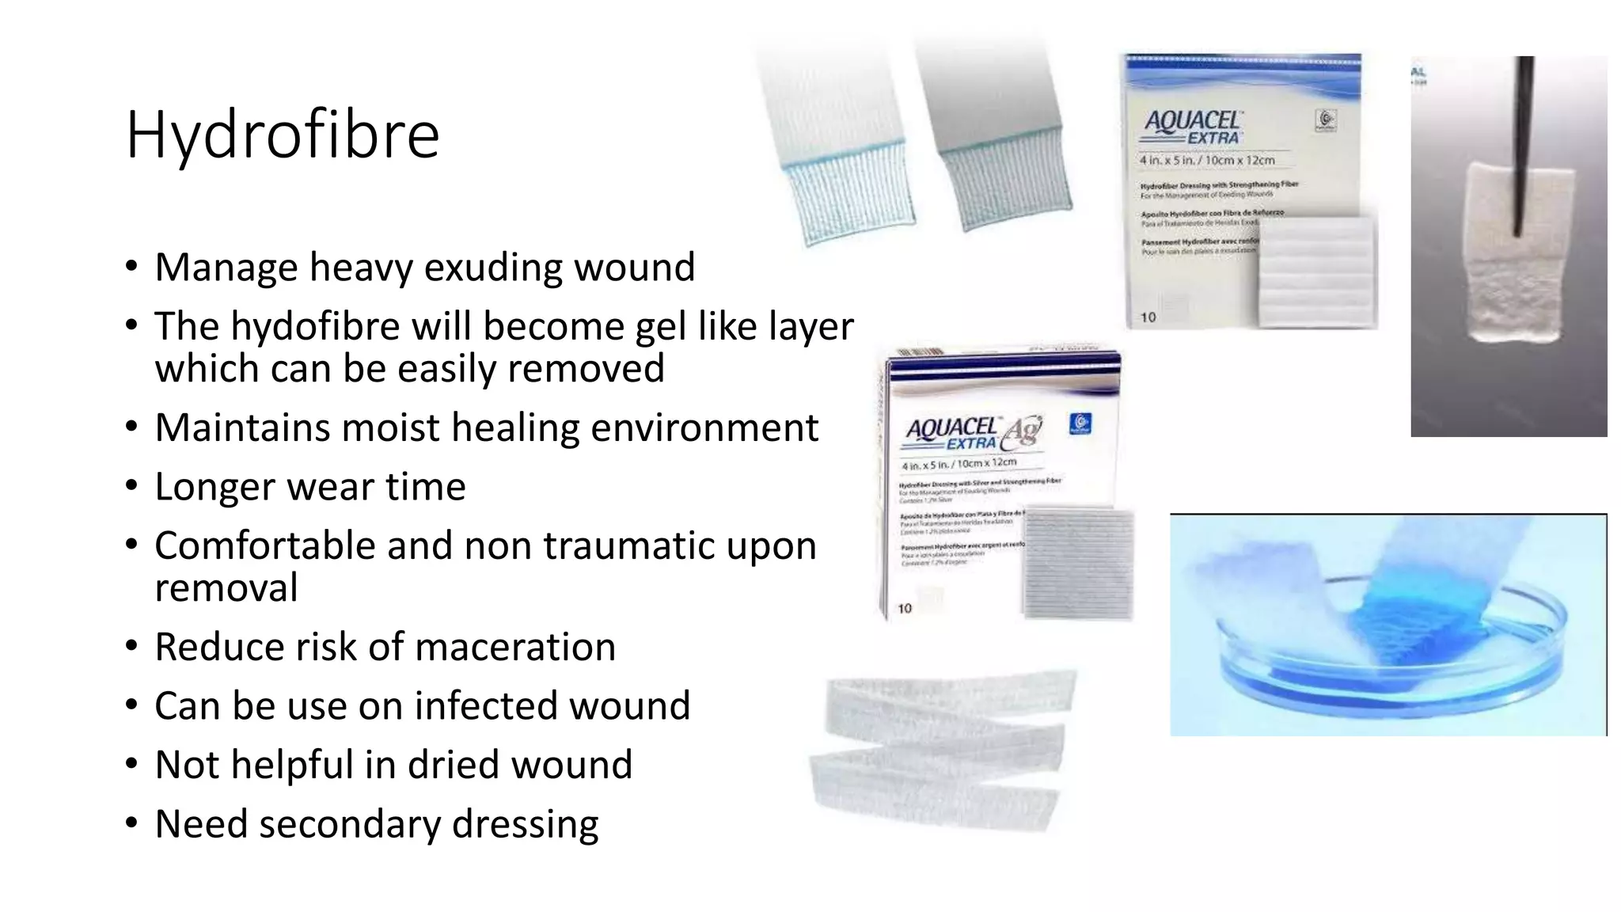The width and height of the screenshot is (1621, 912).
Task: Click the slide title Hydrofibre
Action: click(x=282, y=135)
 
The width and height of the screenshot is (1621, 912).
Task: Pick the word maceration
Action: click(x=515, y=647)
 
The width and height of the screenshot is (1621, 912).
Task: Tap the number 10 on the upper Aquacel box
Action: click(x=1148, y=317)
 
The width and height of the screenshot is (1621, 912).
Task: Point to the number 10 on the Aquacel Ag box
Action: click(x=905, y=608)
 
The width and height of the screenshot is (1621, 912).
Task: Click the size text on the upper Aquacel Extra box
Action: click(x=1207, y=160)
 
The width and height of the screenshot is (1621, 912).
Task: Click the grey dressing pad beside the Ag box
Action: click(x=1077, y=564)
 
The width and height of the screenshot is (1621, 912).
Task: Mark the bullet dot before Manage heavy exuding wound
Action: click(x=131, y=267)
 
